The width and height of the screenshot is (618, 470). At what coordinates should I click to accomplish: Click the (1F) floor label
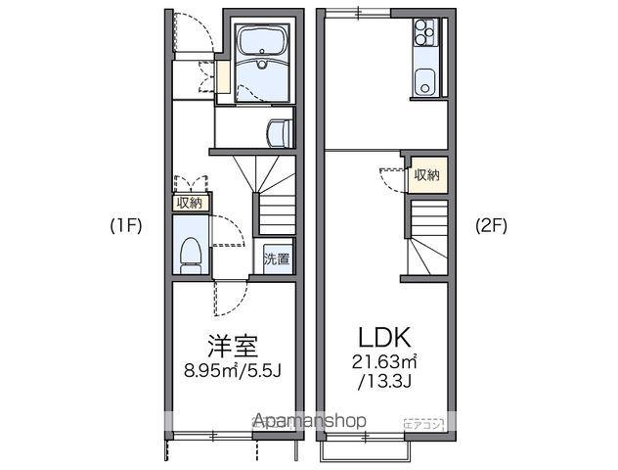(x=126, y=225)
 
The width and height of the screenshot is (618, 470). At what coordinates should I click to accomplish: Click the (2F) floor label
(x=492, y=225)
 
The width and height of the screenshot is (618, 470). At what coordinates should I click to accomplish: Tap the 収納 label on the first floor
(x=189, y=203)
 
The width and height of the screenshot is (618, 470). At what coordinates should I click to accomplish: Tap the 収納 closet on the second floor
(x=426, y=175)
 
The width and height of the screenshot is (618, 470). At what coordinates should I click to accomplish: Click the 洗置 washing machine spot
(x=277, y=260)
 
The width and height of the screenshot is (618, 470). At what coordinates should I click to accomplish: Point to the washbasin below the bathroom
(x=280, y=129)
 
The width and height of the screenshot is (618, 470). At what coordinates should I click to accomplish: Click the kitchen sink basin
(x=424, y=79)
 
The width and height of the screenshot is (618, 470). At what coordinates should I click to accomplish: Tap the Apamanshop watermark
(x=310, y=420)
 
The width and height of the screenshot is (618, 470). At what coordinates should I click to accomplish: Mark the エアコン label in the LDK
(x=425, y=423)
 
